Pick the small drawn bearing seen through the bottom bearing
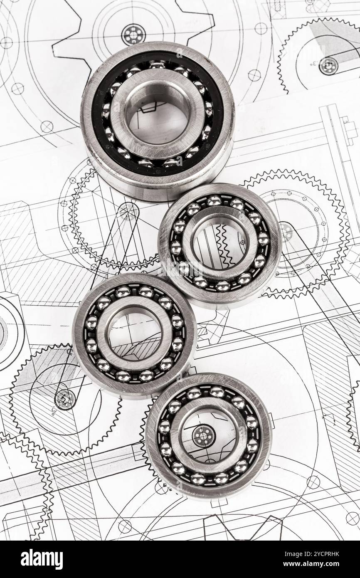(x=203, y=436)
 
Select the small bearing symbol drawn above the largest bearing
(x=133, y=35)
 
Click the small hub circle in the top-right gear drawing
(x=328, y=65)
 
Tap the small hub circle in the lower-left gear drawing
(x=64, y=399)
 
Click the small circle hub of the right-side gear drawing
(x=286, y=231)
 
